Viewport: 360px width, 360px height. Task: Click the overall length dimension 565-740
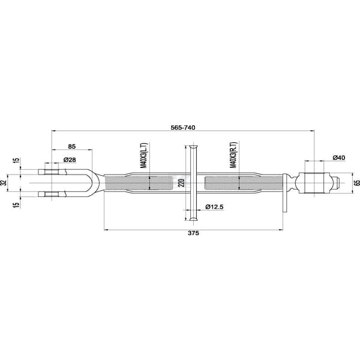point(183,127)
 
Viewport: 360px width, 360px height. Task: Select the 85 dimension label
point(72,146)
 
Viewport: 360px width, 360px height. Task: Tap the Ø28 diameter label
point(70,160)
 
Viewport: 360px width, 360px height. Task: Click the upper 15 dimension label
point(16,160)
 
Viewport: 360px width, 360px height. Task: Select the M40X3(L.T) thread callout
point(144,155)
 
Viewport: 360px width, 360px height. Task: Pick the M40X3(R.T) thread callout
point(233,155)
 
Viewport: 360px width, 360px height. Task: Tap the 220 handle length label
point(181,183)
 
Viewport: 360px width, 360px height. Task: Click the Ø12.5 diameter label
point(214,207)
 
